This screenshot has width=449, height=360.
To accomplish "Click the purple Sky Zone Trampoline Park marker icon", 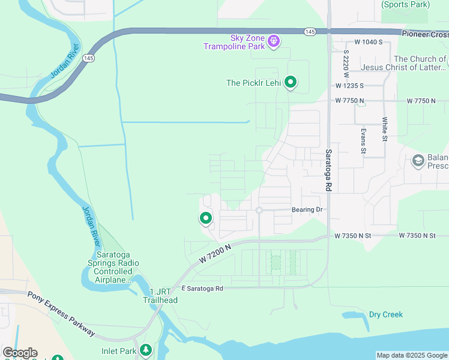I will pos(274,41).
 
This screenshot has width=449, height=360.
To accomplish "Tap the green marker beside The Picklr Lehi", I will pos(291,82).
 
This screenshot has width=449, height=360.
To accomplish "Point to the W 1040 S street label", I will pos(369,42).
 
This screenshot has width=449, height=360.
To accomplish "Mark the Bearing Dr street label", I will pos(307,210).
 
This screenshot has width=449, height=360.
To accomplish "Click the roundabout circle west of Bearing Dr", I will pos(259,210).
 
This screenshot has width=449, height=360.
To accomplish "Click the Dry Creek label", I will pos(385,314).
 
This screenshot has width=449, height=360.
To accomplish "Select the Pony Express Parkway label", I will pos(61,313).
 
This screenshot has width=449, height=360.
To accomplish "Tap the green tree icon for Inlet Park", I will pos(145,349).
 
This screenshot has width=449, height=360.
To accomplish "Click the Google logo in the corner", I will pos(20,353).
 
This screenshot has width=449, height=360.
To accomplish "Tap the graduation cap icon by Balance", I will pos(418,161).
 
